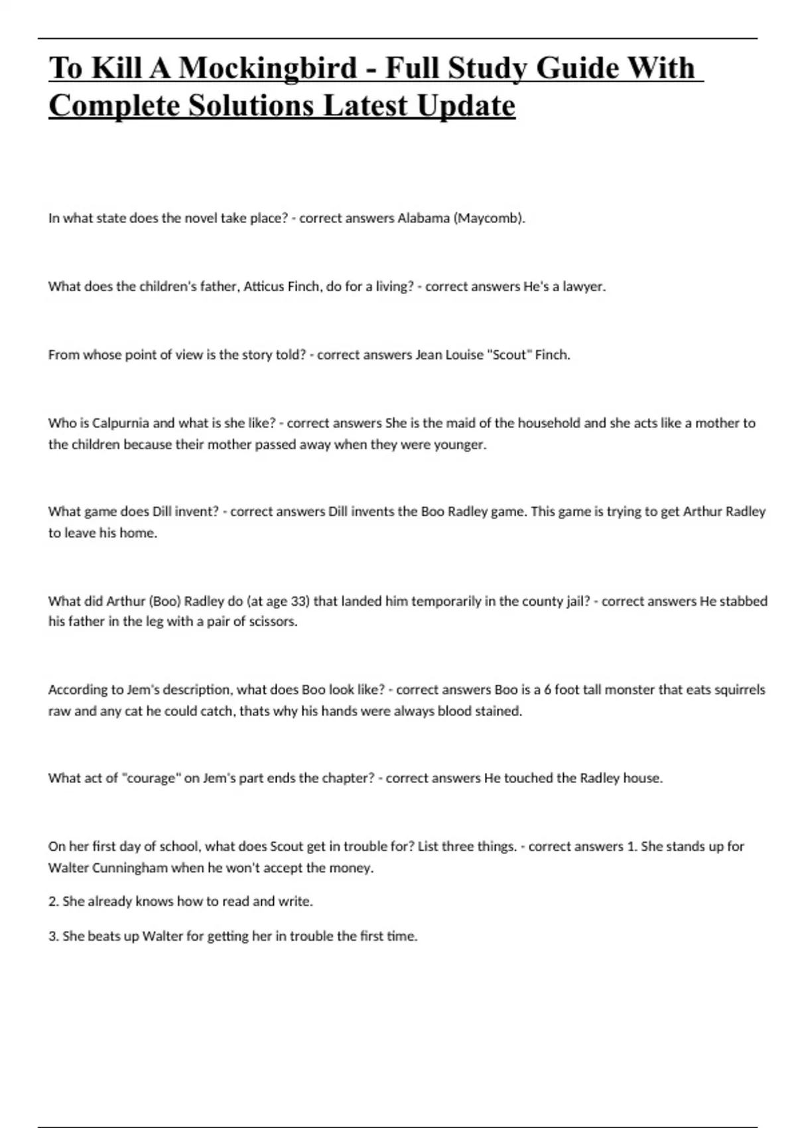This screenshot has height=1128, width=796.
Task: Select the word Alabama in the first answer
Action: tap(423, 218)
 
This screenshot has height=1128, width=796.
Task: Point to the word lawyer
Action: tap(584, 287)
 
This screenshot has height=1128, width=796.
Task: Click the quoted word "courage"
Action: tap(151, 778)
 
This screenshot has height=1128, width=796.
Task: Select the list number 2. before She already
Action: tap(53, 902)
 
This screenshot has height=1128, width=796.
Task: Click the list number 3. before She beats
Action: tap(53, 937)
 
